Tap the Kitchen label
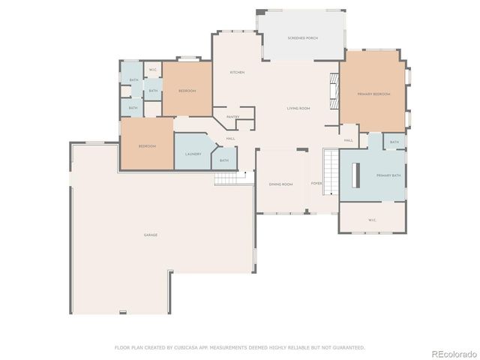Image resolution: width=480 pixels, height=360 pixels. (x=237, y=72)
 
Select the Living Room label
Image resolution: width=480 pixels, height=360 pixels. (x=298, y=109)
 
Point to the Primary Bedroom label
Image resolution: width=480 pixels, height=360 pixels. (x=373, y=94)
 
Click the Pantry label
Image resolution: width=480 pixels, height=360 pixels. (x=232, y=117)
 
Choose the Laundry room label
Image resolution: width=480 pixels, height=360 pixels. (x=193, y=154)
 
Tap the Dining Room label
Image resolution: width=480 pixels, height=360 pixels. (x=281, y=184)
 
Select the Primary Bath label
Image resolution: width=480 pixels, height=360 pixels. (x=388, y=175)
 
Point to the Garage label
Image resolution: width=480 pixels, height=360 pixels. (x=151, y=235)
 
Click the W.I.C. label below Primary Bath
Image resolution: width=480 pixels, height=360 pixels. (x=372, y=220)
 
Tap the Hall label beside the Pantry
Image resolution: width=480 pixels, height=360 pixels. (x=230, y=138)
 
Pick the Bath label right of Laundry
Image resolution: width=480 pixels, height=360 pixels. (x=224, y=160)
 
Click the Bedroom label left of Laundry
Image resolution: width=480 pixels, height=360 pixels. (x=147, y=146)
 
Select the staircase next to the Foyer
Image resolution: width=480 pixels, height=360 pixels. (x=331, y=171)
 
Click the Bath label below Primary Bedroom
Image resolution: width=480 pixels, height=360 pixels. (x=394, y=142)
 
